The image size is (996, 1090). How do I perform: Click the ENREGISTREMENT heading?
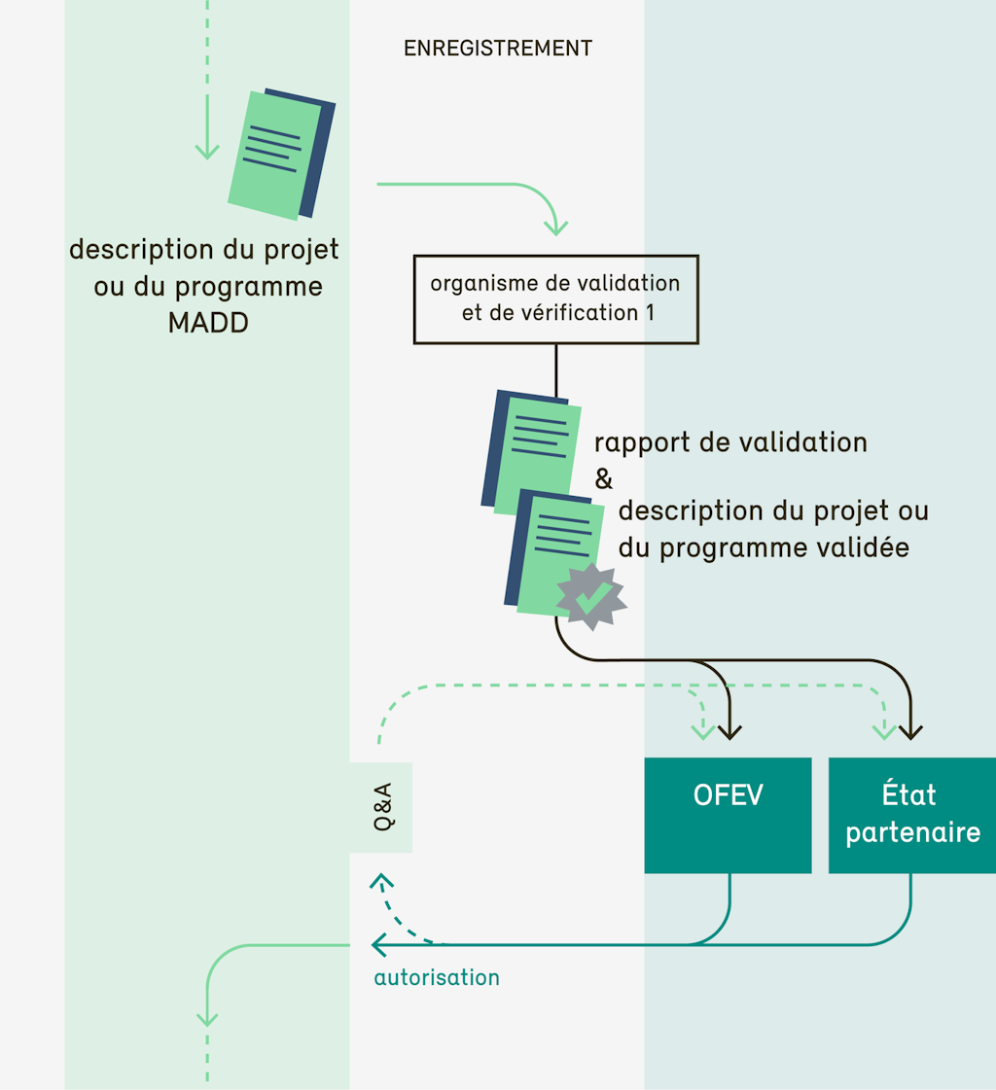[x=497, y=48]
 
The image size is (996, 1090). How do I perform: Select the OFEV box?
[x=728, y=815]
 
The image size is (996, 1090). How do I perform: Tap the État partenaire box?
[x=912, y=815]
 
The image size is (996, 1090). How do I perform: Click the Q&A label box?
[x=381, y=808]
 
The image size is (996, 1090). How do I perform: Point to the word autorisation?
[x=437, y=977]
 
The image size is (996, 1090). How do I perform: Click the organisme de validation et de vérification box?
[x=555, y=299]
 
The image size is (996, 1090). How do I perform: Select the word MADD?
[x=208, y=323]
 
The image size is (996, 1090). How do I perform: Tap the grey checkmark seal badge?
[x=590, y=594]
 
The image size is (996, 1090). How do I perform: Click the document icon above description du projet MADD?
[x=281, y=154]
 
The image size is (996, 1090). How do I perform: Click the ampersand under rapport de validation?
[x=604, y=478]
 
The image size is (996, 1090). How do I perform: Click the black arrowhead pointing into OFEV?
[x=729, y=730]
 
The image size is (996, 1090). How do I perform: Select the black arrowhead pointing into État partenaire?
[x=911, y=730]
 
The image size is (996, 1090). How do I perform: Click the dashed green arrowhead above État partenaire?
[x=883, y=730]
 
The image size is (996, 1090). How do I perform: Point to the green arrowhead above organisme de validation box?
[x=555, y=228]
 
